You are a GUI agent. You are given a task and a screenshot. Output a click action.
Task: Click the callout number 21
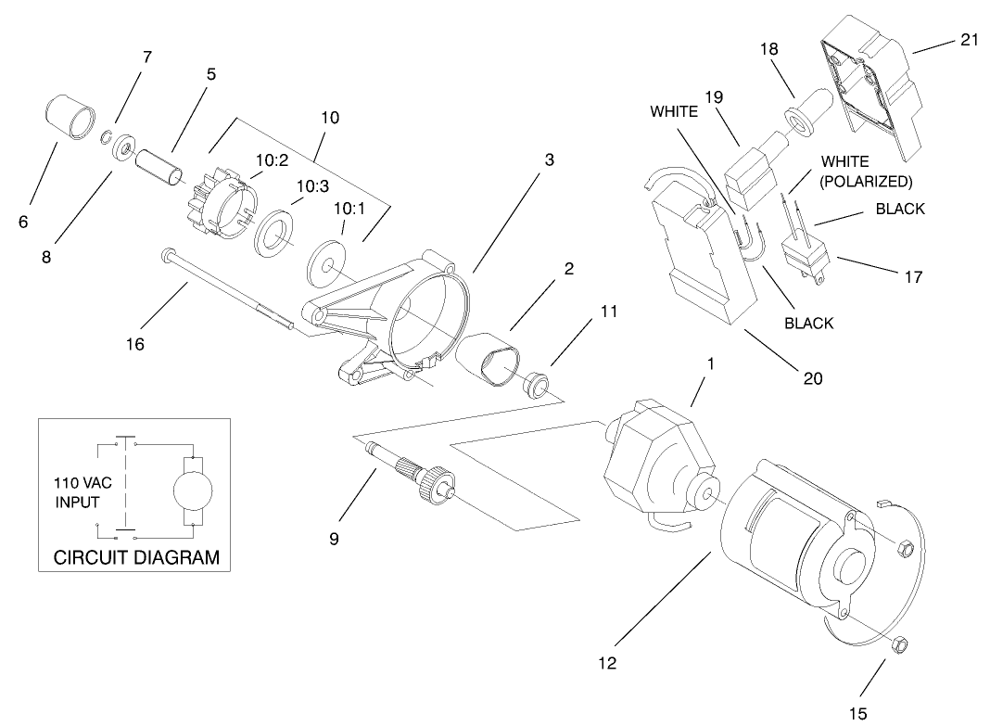(x=971, y=41)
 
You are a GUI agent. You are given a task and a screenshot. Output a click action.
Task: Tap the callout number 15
(x=859, y=713)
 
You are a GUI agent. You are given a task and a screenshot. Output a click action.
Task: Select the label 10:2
(x=271, y=160)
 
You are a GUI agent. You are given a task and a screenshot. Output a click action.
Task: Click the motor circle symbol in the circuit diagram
(x=193, y=489)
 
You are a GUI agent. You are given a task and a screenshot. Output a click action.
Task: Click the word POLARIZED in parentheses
(x=867, y=181)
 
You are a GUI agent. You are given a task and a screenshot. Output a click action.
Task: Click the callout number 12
(x=607, y=663)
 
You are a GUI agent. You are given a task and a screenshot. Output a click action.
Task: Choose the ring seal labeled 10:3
(x=275, y=228)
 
